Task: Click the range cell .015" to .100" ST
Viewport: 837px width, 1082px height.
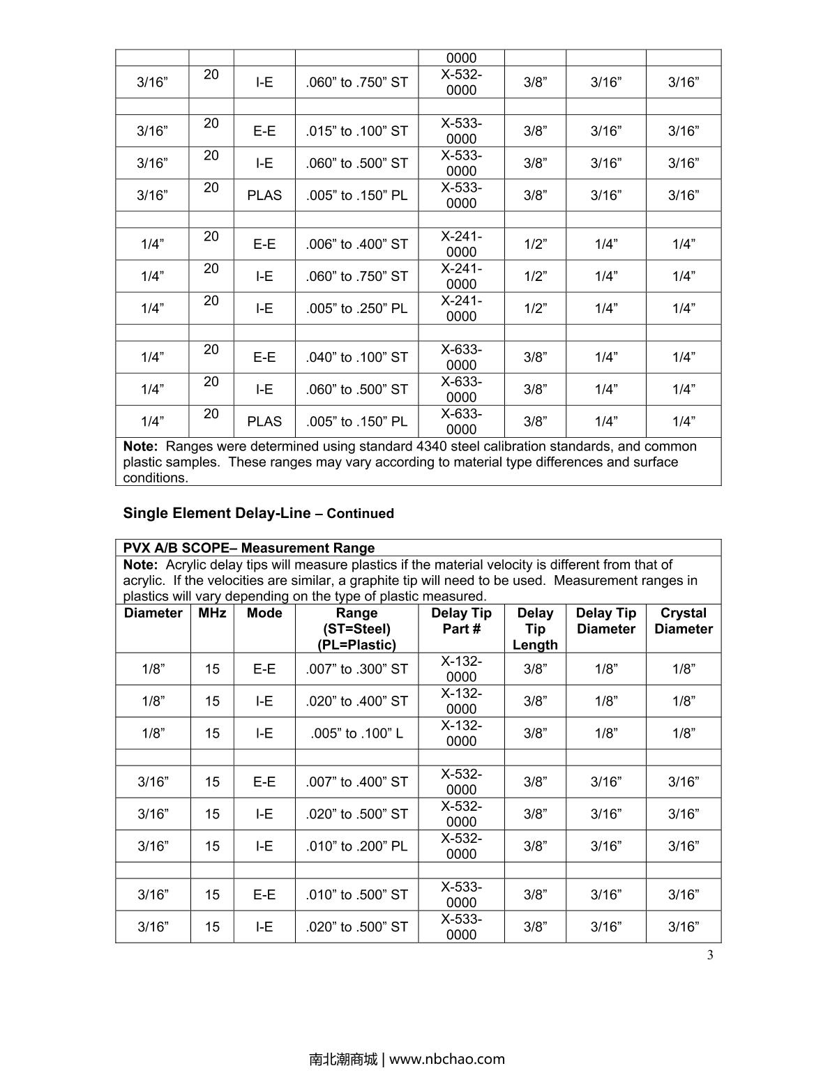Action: point(356,131)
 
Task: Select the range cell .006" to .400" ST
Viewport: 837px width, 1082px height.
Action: point(356,244)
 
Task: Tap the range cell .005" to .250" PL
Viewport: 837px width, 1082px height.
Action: point(356,308)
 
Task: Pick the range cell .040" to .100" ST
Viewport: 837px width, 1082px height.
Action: point(356,357)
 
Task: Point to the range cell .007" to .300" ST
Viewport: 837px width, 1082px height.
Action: point(356,669)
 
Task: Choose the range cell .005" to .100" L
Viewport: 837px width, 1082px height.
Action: point(356,733)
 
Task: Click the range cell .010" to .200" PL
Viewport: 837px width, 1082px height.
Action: point(356,846)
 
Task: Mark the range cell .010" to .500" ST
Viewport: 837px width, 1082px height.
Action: point(356,894)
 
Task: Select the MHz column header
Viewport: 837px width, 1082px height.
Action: point(212,614)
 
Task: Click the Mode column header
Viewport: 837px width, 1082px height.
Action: point(264,614)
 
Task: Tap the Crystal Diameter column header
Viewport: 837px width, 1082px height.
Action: point(684,621)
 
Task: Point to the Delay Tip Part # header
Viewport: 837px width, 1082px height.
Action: point(461,621)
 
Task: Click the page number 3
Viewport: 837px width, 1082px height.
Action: point(710,955)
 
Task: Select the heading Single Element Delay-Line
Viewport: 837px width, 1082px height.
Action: point(217,513)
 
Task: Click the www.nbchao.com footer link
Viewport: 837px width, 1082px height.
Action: point(446,1059)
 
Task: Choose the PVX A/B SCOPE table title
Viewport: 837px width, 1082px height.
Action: point(249,548)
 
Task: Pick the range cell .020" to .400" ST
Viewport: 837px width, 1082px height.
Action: point(356,701)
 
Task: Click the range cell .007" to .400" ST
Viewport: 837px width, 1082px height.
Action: point(356,782)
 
